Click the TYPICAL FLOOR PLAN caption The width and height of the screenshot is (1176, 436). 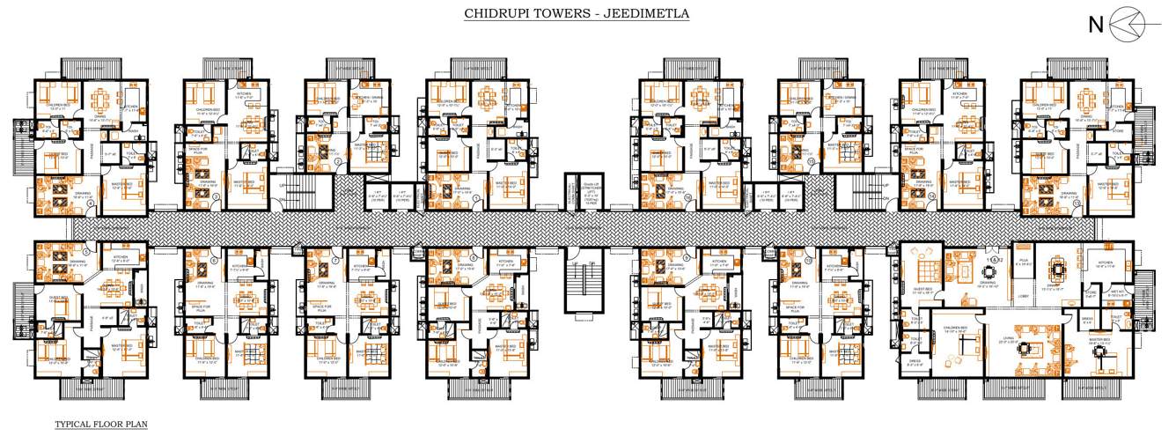coord(101,424)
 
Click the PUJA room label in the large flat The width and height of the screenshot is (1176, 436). coord(1023,262)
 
